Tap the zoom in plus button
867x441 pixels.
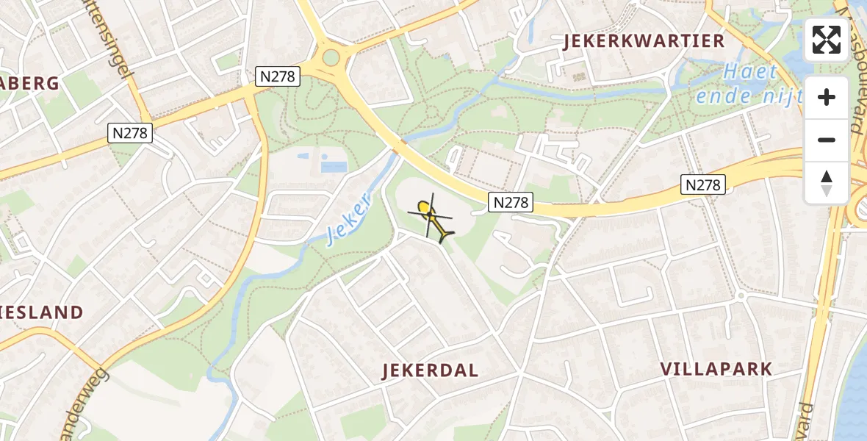827,97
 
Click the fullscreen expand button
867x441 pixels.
827,40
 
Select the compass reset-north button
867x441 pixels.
827,182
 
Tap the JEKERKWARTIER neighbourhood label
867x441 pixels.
644,41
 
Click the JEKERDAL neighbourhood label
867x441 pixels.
430,370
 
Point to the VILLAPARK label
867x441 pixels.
716,369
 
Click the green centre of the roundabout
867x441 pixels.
331,57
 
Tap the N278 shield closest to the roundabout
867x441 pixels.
278,76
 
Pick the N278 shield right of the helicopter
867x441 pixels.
510,202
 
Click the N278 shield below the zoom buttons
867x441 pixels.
703,184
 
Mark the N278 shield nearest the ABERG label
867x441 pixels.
130,132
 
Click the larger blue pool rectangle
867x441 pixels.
333,167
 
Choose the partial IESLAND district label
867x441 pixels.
42,312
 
